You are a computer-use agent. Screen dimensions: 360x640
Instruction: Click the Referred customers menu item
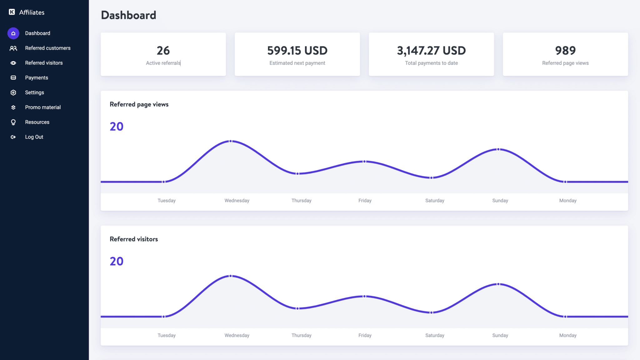(x=47, y=48)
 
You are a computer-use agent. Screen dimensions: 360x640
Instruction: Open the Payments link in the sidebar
(x=36, y=78)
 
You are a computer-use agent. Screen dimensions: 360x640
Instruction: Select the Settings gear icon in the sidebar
(x=13, y=92)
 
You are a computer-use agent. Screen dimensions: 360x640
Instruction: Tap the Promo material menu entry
(x=43, y=107)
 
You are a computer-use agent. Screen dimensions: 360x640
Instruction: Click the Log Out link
(x=34, y=137)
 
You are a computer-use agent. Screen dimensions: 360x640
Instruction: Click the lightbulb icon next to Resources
(x=13, y=122)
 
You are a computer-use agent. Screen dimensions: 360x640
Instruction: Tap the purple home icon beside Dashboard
(x=13, y=33)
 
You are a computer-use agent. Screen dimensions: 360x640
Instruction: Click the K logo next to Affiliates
(x=12, y=12)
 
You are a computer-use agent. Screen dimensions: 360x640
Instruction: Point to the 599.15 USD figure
(x=297, y=51)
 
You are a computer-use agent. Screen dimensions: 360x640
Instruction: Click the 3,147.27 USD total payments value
(x=431, y=51)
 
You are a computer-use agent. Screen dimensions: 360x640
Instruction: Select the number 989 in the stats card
(x=565, y=51)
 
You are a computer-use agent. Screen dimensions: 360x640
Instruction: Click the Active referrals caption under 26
(x=163, y=63)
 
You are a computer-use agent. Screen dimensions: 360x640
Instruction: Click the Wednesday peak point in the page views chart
(x=231, y=141)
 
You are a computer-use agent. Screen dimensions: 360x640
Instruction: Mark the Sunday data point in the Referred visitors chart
(x=498, y=284)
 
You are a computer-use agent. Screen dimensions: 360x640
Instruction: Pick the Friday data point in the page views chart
(x=364, y=162)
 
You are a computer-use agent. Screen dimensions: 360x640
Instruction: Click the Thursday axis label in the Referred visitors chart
(x=301, y=335)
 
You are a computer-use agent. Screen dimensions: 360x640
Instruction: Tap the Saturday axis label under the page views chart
(x=435, y=201)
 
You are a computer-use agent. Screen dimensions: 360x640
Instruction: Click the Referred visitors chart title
(x=134, y=239)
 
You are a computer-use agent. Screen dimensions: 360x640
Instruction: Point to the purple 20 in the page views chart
(x=117, y=127)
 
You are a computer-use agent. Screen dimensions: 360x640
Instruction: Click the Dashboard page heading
(x=128, y=15)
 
